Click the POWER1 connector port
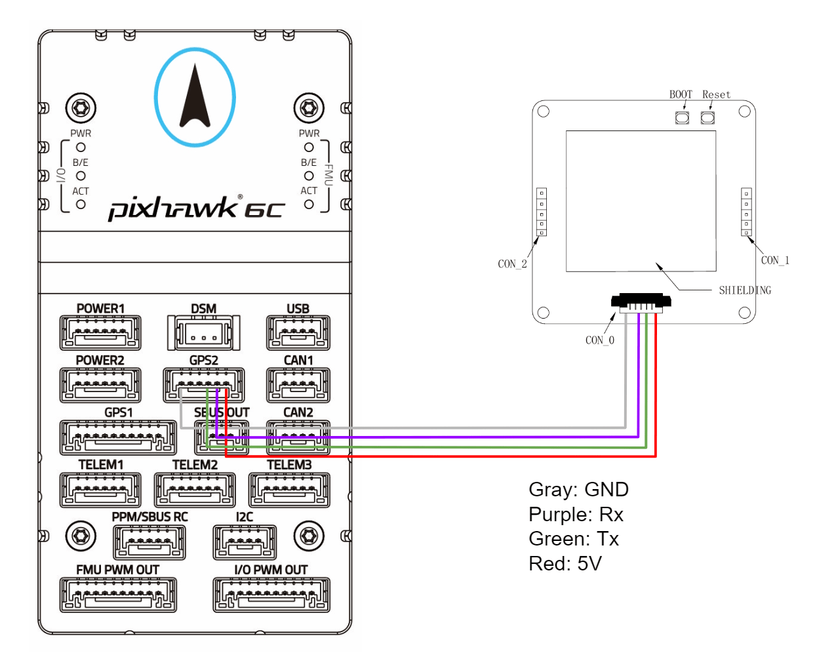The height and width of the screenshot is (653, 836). pos(100,332)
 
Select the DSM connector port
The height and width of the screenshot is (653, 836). pos(204,332)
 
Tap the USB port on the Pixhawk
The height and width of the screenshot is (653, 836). pos(298,332)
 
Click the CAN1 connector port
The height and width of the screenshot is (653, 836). pos(298,385)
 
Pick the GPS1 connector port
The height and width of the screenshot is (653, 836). pos(118,437)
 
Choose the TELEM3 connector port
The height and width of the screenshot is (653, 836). pos(289,490)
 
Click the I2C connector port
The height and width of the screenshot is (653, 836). pos(245,542)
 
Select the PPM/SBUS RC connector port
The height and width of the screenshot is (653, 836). pos(149,542)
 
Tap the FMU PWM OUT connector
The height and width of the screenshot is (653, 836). pos(118,595)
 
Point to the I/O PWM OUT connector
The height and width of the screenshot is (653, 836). pos(271,595)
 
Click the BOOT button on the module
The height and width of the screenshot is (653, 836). pos(682,117)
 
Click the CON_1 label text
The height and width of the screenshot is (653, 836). pos(775,260)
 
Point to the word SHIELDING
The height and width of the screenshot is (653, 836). pos(745,290)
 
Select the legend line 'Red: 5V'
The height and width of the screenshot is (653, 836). pos(565,564)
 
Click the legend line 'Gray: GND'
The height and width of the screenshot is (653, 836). pos(578,490)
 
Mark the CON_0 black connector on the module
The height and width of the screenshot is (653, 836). pos(641,302)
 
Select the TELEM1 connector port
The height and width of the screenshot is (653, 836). pos(100,490)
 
